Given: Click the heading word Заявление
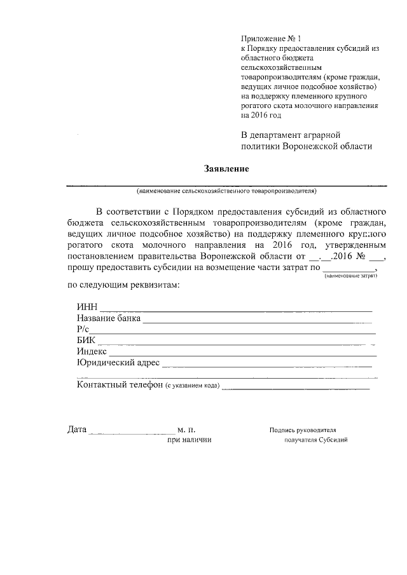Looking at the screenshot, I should (226, 169).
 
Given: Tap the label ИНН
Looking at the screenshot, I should (86, 308).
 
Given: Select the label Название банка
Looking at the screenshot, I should (108, 318).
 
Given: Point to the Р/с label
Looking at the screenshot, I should (83, 329).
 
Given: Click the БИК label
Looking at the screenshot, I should (86, 341).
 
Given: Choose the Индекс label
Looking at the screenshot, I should (92, 351).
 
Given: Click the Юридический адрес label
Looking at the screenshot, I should (118, 363).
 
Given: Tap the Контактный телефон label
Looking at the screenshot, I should (120, 385).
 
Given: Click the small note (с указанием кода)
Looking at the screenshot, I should (192, 386).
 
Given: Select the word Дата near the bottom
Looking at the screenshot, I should (77, 430).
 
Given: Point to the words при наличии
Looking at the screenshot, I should (190, 440).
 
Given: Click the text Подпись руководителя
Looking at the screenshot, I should (303, 430).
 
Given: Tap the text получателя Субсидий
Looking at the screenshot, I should (316, 440).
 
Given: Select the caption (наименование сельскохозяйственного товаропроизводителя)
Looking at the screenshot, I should (226, 191).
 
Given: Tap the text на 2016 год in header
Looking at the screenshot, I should (260, 116).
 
